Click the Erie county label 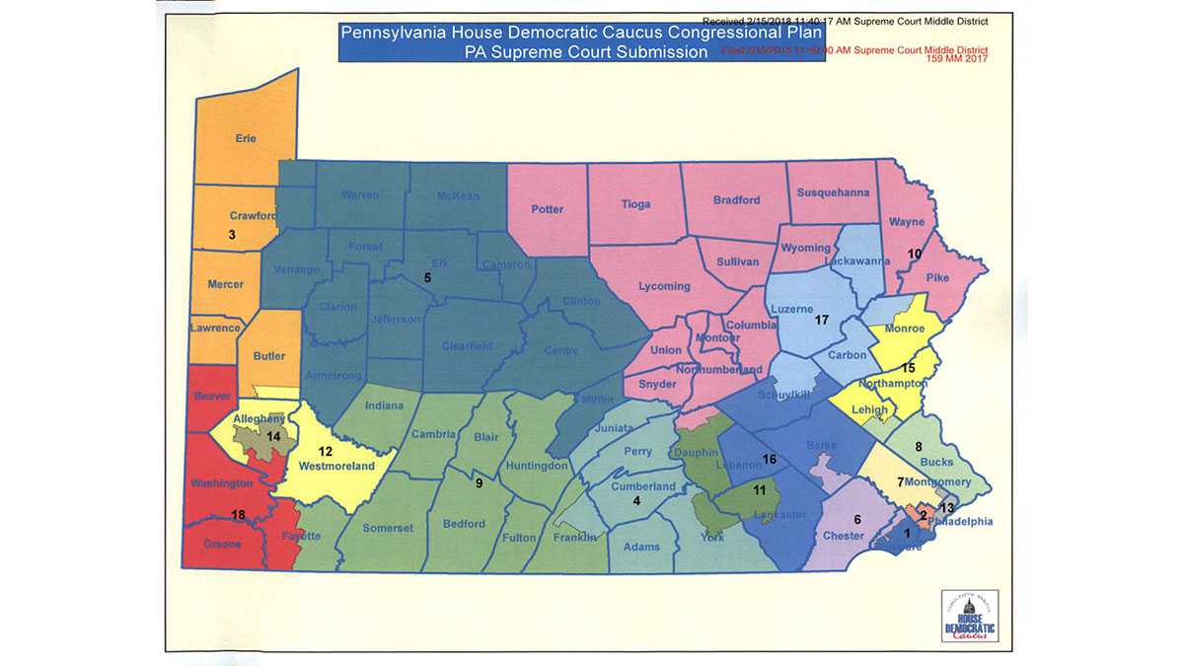click(246, 139)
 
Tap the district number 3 click(231, 235)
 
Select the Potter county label click(548, 209)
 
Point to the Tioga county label click(636, 204)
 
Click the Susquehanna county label click(834, 192)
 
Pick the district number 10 click(915, 254)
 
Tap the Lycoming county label click(664, 286)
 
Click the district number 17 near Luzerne click(821, 321)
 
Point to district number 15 click(908, 367)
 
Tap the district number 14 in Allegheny click(273, 435)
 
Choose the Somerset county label click(388, 528)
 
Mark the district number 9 click(479, 483)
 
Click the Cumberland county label click(643, 486)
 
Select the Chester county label click(844, 535)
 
